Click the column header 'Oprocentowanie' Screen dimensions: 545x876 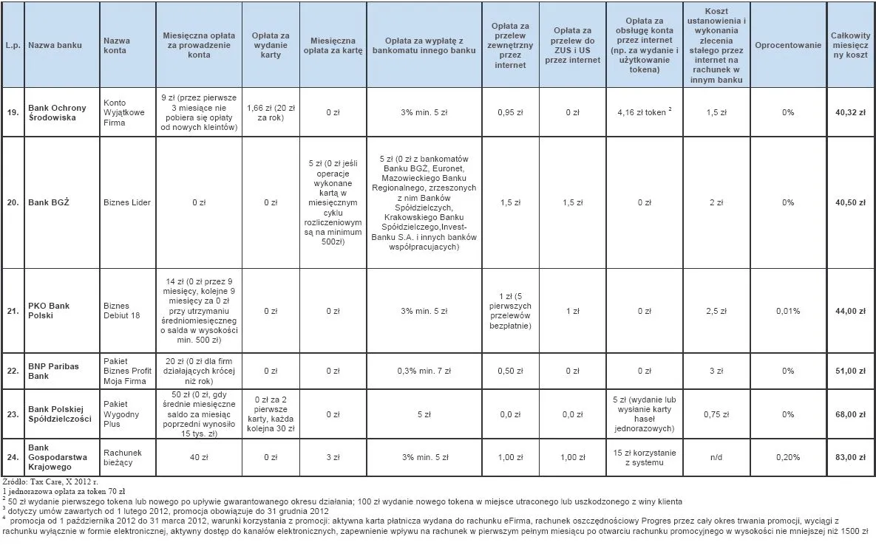tap(788, 45)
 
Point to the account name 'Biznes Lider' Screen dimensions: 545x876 tap(126, 202)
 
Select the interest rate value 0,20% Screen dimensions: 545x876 tap(788, 457)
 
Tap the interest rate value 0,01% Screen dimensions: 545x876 tap(788, 311)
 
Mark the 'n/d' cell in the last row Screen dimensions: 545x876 tap(716, 457)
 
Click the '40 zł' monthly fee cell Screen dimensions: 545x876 tap(199, 457)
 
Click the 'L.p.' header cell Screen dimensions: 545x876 tap(13, 45)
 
